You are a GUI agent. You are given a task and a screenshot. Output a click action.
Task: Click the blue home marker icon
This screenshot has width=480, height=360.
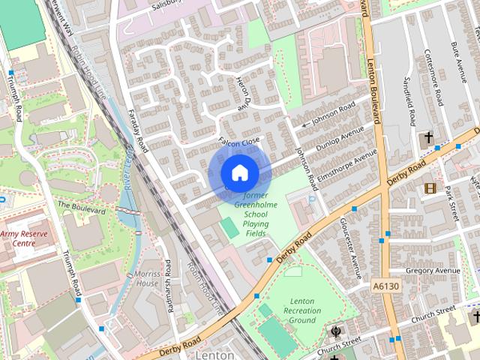click(x=239, y=172)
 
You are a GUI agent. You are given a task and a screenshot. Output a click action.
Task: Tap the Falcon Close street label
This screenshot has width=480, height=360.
click(x=238, y=141)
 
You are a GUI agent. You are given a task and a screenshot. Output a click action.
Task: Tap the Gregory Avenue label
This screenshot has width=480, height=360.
click(x=432, y=270)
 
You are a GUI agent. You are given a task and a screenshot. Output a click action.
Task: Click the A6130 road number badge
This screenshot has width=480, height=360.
click(x=385, y=286)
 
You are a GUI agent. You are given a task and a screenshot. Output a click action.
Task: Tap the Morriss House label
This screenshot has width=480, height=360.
click(x=146, y=279)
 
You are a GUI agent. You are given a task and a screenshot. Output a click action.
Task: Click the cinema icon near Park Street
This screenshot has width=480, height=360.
click(x=430, y=188)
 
